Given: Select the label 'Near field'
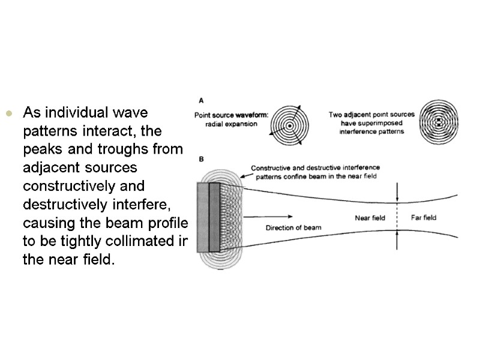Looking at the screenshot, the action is pyautogui.click(x=370, y=218).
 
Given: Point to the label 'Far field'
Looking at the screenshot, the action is pyautogui.click(x=424, y=217).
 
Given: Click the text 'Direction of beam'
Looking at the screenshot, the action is pyautogui.click(x=293, y=227).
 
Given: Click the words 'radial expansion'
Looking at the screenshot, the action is pyautogui.click(x=231, y=124).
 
